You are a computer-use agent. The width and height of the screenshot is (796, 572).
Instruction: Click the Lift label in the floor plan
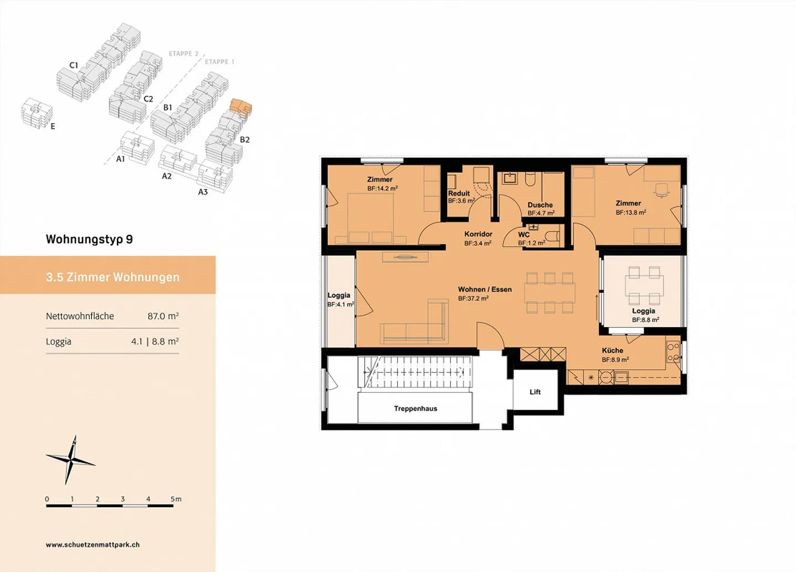click(x=535, y=392)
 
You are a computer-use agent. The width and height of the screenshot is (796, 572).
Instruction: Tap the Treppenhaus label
click(x=415, y=408)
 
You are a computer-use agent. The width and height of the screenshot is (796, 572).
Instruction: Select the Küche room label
click(x=612, y=350)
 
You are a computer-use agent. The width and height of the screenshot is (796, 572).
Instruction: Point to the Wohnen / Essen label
click(x=485, y=289)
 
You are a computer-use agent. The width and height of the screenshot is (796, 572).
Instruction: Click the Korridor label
click(x=478, y=234)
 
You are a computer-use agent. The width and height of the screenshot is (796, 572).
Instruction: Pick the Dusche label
click(x=540, y=204)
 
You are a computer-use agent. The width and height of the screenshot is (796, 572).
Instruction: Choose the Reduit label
click(x=459, y=193)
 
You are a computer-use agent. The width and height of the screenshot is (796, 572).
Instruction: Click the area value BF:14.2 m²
click(x=383, y=188)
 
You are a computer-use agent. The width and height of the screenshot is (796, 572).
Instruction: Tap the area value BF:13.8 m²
click(x=631, y=212)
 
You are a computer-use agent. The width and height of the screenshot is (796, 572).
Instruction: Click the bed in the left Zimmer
click(x=370, y=218)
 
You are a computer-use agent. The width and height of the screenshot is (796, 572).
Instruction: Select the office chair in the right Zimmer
click(x=661, y=190)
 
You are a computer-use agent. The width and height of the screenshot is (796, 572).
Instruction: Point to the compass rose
click(x=71, y=460)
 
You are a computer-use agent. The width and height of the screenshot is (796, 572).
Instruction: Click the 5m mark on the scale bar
click(x=176, y=499)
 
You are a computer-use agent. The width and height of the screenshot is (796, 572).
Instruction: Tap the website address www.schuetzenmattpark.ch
click(x=92, y=544)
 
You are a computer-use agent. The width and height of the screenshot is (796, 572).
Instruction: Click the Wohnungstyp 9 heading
click(x=89, y=239)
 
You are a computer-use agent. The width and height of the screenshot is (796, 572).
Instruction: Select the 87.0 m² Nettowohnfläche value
click(x=163, y=316)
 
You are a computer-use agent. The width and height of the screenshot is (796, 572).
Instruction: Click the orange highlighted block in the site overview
click(x=240, y=106)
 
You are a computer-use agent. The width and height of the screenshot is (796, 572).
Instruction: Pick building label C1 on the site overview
click(x=74, y=65)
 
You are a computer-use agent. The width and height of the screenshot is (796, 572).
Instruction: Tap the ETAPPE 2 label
click(x=183, y=54)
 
